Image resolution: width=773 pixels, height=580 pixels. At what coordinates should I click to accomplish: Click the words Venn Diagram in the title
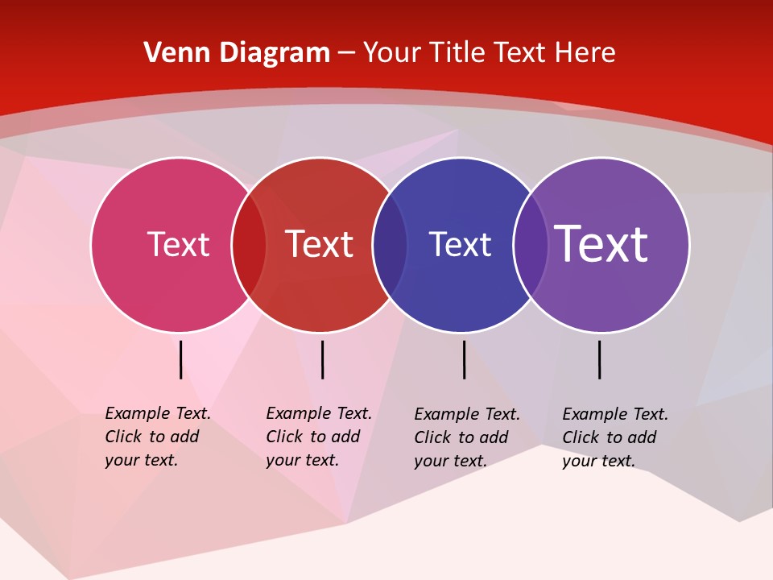(237, 53)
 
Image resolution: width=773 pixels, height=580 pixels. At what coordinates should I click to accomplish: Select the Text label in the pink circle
(178, 244)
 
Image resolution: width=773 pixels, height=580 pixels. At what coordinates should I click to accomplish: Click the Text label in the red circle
(320, 244)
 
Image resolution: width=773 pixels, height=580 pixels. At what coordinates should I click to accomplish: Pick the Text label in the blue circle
(460, 244)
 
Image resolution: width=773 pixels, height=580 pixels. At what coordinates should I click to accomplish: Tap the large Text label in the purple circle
(601, 244)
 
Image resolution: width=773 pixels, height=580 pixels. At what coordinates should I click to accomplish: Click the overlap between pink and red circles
(249, 245)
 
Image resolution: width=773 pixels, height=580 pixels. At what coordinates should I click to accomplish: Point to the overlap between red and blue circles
(390, 245)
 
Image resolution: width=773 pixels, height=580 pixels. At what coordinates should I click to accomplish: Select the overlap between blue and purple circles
(531, 245)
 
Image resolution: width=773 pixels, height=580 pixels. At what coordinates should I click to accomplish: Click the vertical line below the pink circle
(180, 359)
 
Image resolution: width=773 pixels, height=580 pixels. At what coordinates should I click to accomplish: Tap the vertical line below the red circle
(322, 359)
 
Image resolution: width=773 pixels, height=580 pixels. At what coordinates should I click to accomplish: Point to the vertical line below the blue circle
(464, 359)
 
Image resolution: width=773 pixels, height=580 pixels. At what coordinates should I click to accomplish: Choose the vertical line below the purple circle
(599, 359)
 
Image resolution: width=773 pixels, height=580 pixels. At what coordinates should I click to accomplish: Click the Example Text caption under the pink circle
(158, 437)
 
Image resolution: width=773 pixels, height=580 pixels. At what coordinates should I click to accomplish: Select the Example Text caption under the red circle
(319, 437)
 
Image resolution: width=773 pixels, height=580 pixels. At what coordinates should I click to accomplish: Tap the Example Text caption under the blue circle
(467, 437)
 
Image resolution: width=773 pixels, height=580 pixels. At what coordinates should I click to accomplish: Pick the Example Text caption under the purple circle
(615, 437)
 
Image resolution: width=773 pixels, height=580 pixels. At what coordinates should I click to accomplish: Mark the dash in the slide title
(346, 54)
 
